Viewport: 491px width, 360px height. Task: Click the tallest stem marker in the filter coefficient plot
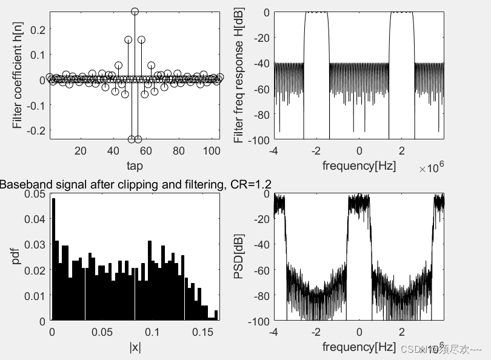click(135, 12)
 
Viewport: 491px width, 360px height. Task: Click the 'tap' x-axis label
click(135, 165)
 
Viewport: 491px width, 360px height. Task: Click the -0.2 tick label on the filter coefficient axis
click(35, 130)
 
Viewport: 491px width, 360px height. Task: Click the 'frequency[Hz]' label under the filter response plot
click(359, 165)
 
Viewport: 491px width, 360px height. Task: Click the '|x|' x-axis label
click(135, 347)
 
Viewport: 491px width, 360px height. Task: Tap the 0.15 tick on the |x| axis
click(203, 333)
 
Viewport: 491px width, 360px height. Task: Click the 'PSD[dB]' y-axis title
click(239, 258)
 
